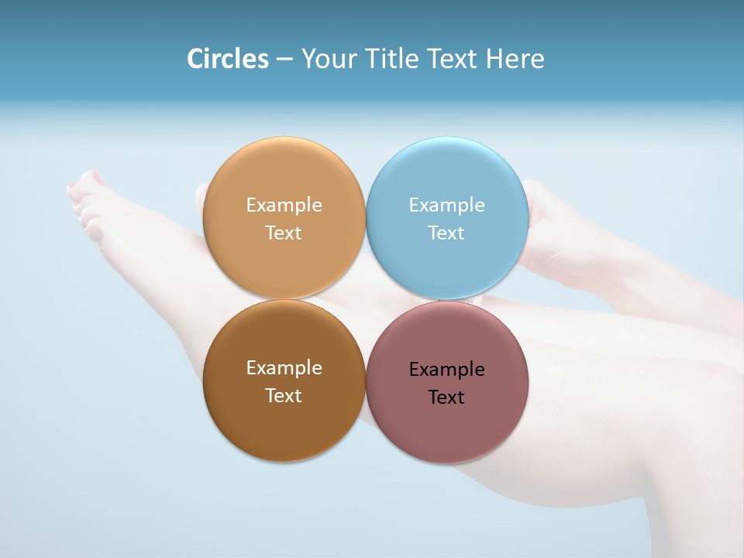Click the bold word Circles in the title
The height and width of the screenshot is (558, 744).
point(228,59)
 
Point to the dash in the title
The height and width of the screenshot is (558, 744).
point(284,60)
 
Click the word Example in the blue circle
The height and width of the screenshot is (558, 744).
point(447,205)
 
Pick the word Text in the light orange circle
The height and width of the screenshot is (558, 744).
point(284,233)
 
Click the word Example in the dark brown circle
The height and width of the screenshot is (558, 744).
point(284,368)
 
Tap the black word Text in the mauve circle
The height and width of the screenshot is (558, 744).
point(446,398)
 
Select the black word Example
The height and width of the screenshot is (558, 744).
point(447,370)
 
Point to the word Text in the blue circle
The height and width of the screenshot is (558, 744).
point(446,233)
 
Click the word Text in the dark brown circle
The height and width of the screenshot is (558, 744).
point(284,396)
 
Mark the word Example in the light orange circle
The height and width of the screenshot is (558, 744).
point(284,205)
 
